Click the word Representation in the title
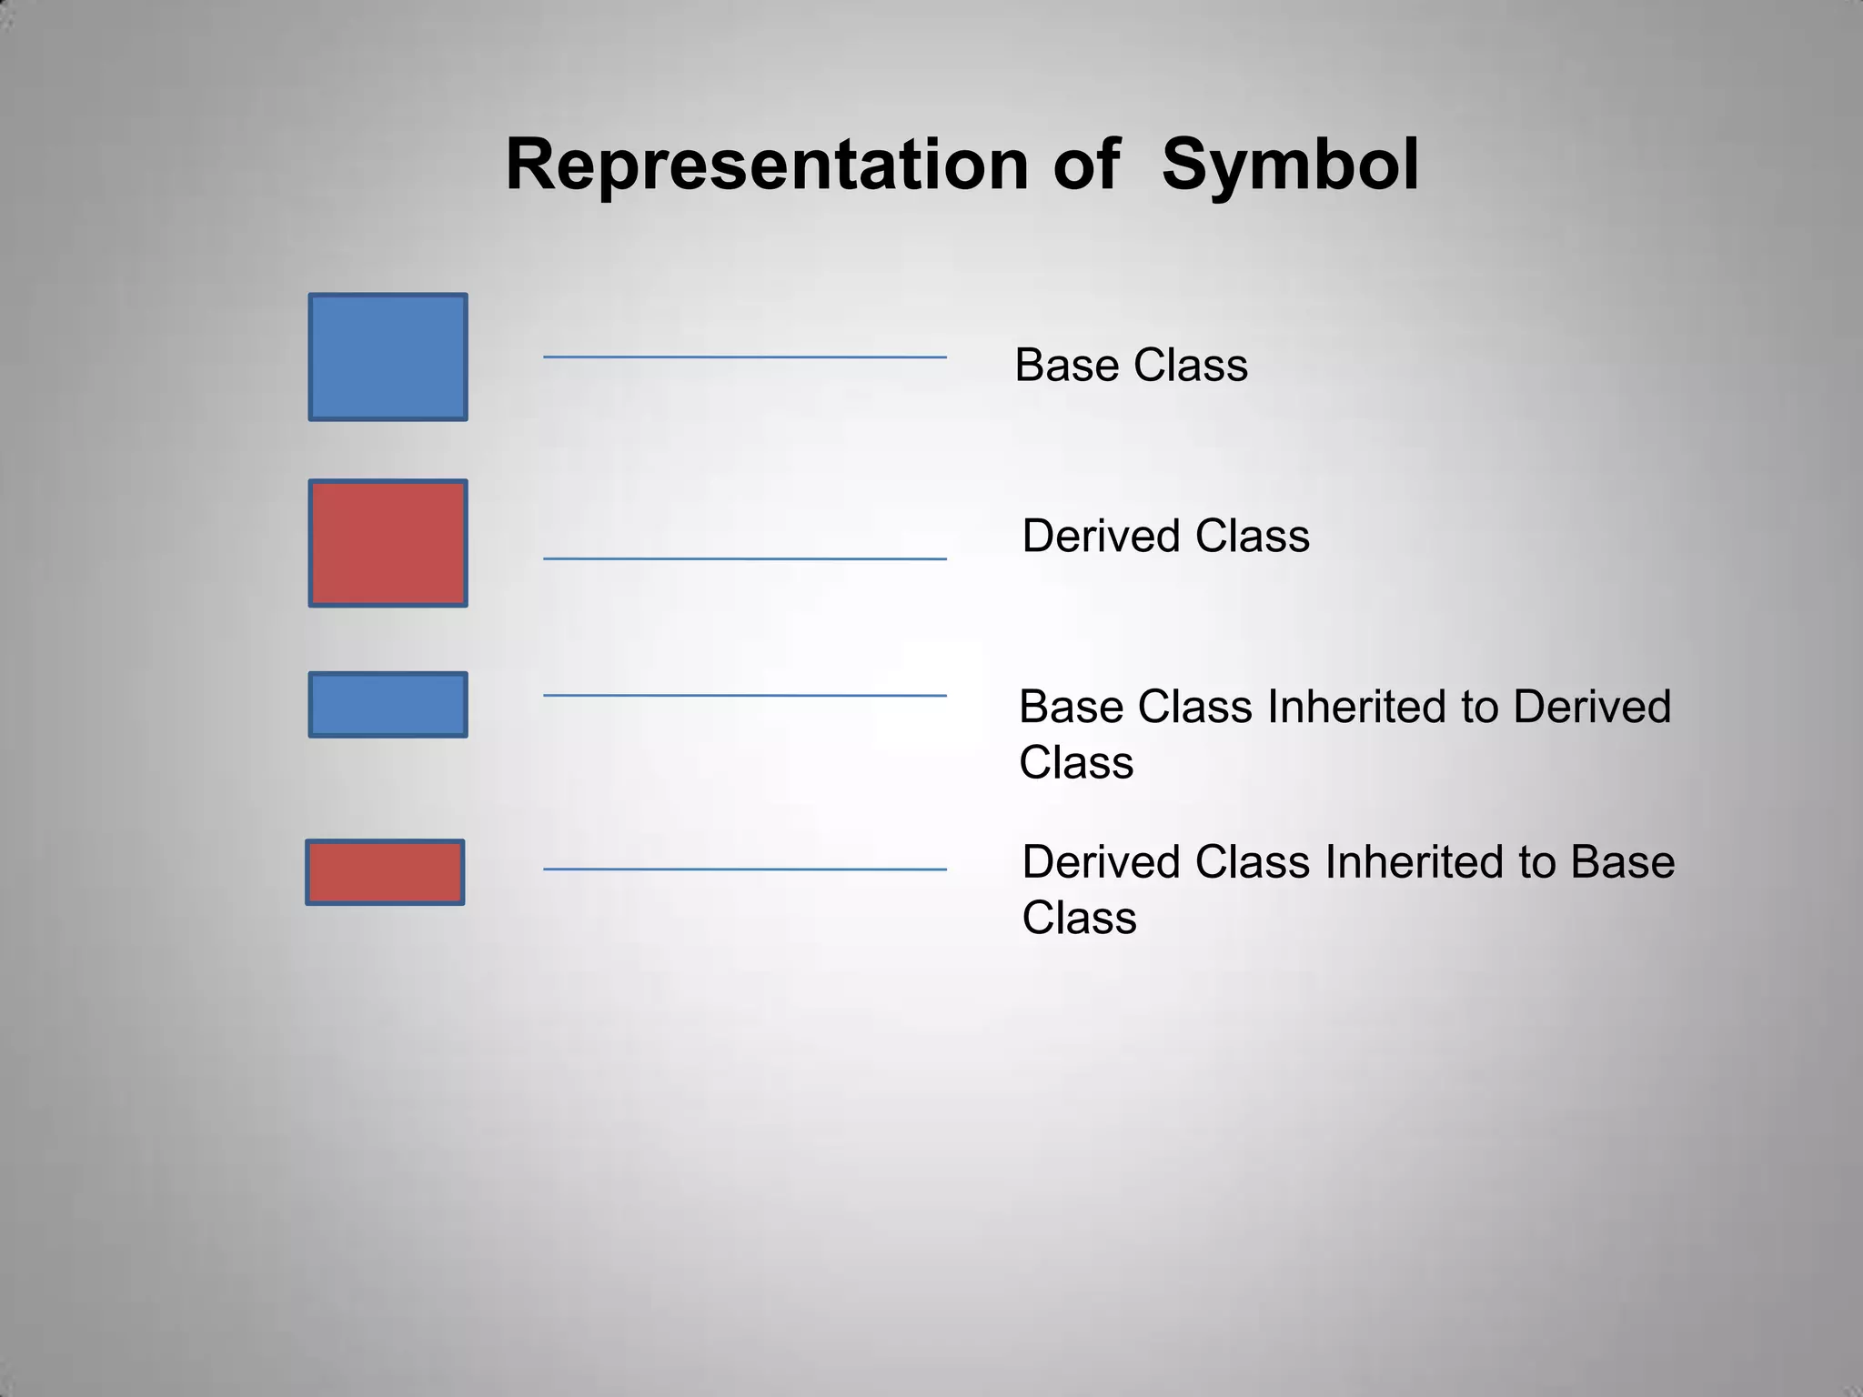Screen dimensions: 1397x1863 pyautogui.click(x=766, y=166)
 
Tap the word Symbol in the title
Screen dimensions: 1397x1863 pyautogui.click(x=1290, y=166)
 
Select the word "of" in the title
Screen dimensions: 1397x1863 pyautogui.click(x=1086, y=166)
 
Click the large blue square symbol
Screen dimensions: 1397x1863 pyautogui.click(x=388, y=357)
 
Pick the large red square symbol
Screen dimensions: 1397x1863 pyautogui.click(x=388, y=543)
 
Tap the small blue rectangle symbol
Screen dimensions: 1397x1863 pyautogui.click(x=388, y=705)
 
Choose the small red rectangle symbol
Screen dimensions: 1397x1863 pyautogui.click(x=385, y=872)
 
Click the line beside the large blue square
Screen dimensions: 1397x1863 pyautogui.click(x=744, y=357)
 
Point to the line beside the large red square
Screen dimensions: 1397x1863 pyautogui.click(x=744, y=558)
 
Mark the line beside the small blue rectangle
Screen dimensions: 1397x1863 pyautogui.click(x=744, y=696)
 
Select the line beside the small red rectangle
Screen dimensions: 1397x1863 pyautogui.click(x=744, y=869)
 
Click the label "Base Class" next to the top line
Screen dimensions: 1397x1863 pyautogui.click(x=1131, y=366)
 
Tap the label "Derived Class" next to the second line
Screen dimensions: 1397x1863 pyautogui.click(x=1165, y=536)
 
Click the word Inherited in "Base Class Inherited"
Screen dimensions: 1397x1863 pyautogui.click(x=1356, y=707)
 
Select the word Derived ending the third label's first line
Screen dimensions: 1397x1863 pyautogui.click(x=1592, y=707)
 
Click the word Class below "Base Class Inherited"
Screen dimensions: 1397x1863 pyautogui.click(x=1076, y=762)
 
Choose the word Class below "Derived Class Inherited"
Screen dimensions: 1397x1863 pyautogui.click(x=1079, y=918)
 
